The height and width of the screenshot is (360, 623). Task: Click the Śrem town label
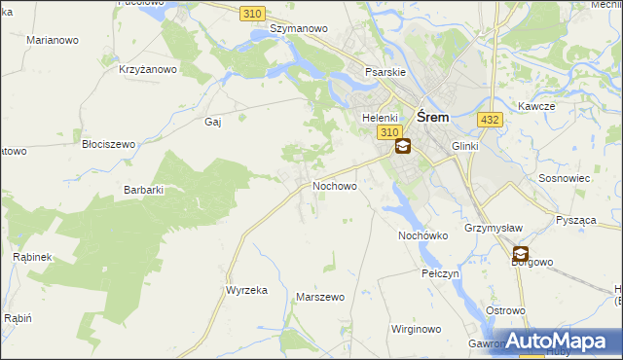point(432,116)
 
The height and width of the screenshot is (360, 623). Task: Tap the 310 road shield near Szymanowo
point(253,12)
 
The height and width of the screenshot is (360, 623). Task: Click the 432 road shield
point(490,119)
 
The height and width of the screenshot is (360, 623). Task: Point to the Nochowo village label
point(334,185)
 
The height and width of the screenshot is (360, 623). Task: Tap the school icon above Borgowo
point(521,253)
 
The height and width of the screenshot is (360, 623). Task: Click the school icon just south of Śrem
point(401,147)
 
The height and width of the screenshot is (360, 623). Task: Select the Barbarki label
point(142,190)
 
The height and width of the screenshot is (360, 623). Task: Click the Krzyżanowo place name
point(148,69)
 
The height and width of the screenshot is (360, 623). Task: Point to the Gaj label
point(213,122)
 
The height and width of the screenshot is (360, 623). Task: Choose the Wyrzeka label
point(246,290)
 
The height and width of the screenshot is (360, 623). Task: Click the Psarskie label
point(385,72)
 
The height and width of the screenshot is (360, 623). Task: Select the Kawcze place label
point(535,105)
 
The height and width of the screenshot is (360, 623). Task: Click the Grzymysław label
point(495,228)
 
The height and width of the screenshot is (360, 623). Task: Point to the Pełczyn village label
point(440,273)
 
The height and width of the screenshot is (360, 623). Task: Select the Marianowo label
point(54,41)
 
